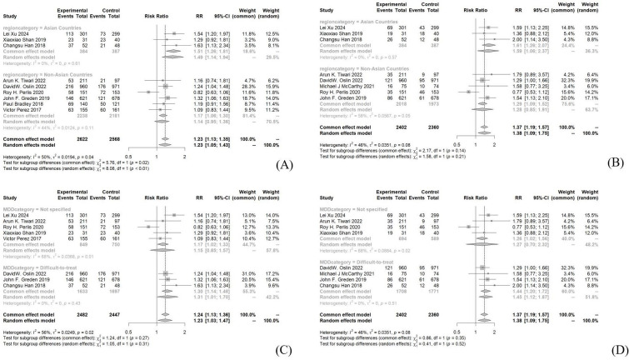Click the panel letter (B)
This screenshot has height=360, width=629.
point(617,155)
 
